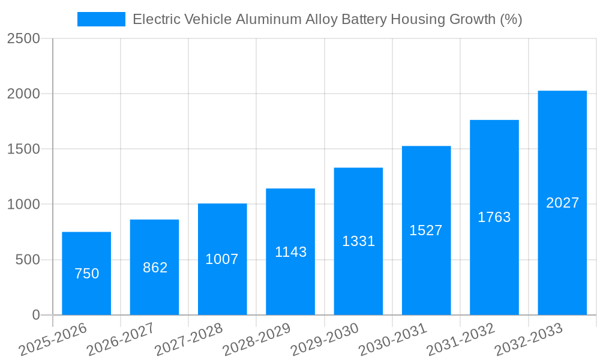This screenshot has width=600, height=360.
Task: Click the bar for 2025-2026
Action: (x=86, y=274)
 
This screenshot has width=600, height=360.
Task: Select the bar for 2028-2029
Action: (x=290, y=252)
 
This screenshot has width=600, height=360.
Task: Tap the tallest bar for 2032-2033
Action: (x=562, y=203)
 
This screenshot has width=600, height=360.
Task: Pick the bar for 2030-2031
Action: (x=426, y=230)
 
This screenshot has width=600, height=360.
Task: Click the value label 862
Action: (x=155, y=268)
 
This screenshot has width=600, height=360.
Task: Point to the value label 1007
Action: (x=222, y=259)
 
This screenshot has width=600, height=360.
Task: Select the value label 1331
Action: (x=358, y=241)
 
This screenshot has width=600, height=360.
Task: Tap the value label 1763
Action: (x=494, y=217)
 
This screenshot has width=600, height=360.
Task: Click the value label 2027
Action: (x=562, y=203)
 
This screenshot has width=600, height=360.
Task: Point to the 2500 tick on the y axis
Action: (x=23, y=39)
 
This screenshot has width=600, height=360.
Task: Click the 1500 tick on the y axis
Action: (x=23, y=149)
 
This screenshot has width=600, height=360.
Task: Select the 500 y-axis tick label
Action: (x=28, y=260)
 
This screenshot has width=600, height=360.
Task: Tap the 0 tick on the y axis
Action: (x=35, y=315)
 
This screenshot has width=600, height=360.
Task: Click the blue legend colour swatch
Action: (x=101, y=19)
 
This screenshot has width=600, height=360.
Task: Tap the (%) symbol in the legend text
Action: (x=511, y=19)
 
